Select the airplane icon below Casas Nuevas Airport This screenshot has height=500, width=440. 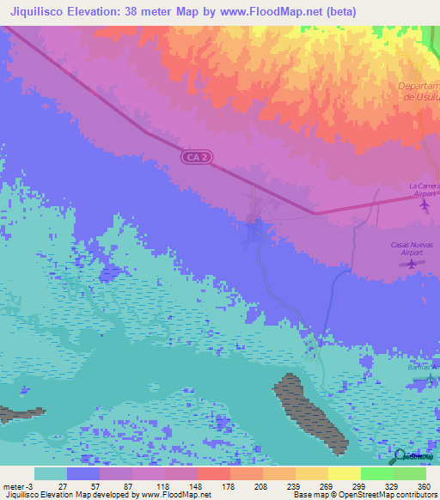[412, 264]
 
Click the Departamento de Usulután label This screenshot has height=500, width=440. [419, 92]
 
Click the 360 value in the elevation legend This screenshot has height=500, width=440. [423, 486]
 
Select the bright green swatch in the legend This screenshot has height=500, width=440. [376, 473]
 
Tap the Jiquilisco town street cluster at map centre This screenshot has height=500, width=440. [256, 229]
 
